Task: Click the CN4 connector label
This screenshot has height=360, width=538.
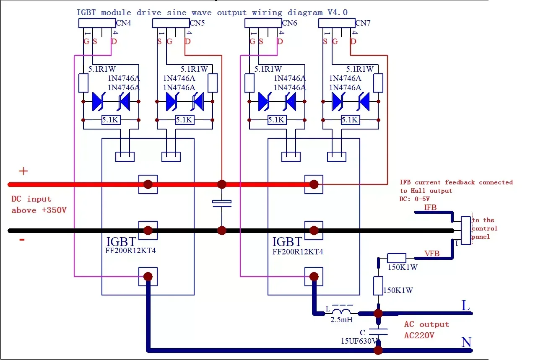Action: tap(123, 23)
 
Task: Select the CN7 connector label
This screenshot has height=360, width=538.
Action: tap(363, 23)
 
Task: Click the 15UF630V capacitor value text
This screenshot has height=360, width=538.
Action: tap(359, 341)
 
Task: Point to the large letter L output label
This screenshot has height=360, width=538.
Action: tap(465, 306)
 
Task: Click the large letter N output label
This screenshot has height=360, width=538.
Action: tap(466, 342)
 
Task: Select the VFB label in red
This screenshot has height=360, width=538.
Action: tap(432, 253)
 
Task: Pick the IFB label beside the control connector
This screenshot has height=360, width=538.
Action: tap(430, 207)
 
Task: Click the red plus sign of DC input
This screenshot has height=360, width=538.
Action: tap(23, 171)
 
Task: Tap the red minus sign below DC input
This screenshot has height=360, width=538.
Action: tap(22, 239)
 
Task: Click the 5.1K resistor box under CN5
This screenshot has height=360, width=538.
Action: tap(184, 120)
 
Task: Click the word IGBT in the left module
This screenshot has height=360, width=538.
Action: tap(121, 242)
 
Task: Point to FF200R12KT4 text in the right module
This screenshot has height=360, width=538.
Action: tap(298, 252)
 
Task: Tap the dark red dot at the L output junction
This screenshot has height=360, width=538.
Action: tap(378, 313)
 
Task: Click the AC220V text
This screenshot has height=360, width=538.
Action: tap(419, 335)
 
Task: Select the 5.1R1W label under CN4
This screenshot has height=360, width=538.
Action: tap(103, 69)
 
